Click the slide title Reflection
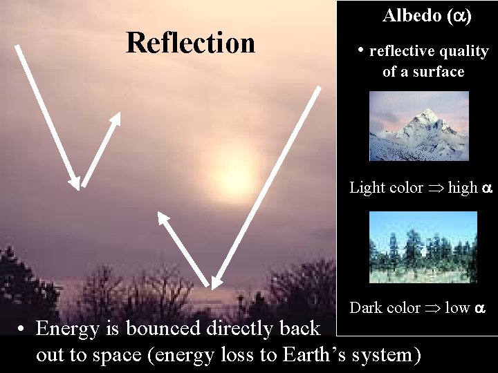coord(190,43)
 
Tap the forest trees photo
coord(423,247)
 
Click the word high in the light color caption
coord(463,187)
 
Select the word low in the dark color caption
coord(457,307)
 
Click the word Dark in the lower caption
coord(365,307)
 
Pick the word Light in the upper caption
coord(367,187)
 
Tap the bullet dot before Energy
coord(23,329)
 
